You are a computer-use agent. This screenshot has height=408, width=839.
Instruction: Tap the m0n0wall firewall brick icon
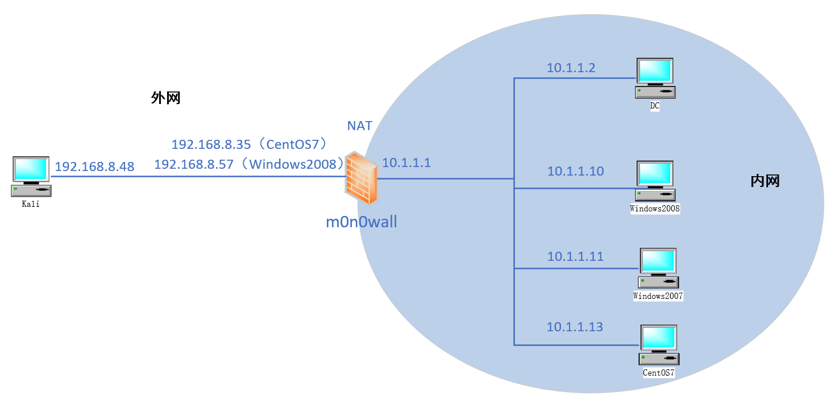[x=361, y=178]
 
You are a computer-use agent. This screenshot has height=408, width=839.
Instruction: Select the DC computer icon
[x=655, y=78]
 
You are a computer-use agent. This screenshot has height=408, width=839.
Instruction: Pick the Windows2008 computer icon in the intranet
[x=655, y=181]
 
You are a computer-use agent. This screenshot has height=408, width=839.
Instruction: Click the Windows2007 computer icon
[x=658, y=268]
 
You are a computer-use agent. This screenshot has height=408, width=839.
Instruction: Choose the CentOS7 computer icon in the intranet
[x=659, y=345]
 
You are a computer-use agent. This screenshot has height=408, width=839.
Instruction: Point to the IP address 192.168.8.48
[x=94, y=167]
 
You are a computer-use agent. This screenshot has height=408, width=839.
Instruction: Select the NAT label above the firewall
[x=359, y=126]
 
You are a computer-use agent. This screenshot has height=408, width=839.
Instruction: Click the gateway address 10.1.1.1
[x=406, y=163]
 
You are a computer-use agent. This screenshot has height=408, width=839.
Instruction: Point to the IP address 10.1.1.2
[x=571, y=68]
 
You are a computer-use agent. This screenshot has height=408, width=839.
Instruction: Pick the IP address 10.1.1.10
[x=575, y=171]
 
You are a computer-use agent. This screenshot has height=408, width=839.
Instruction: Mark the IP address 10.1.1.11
[x=575, y=257]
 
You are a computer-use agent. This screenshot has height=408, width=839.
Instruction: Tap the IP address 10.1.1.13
[x=575, y=327]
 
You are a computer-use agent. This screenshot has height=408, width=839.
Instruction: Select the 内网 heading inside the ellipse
[x=765, y=181]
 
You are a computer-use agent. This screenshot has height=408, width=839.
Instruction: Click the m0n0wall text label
[x=361, y=222]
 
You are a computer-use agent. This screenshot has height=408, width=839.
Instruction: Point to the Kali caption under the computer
[x=31, y=204]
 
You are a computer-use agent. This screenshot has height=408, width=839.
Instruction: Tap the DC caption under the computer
[x=655, y=106]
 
